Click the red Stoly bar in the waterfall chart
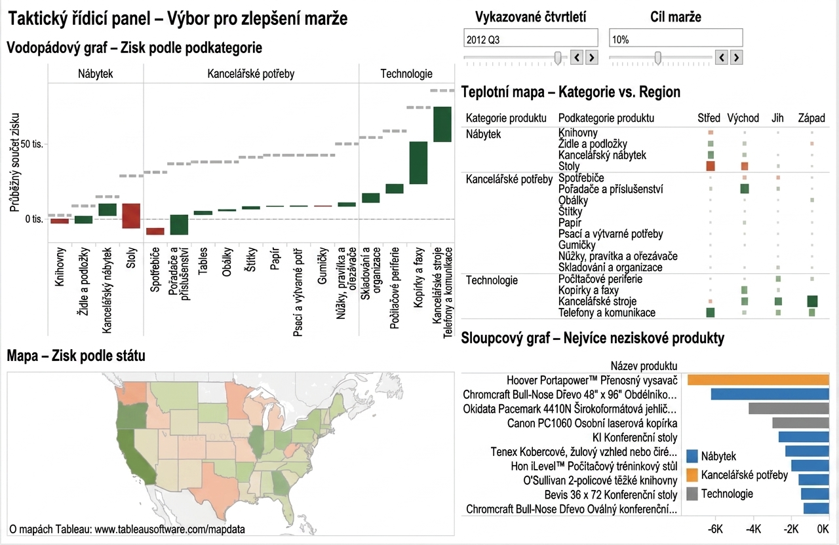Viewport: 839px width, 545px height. pos(131,216)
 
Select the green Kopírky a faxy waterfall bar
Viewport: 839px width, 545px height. pos(418,163)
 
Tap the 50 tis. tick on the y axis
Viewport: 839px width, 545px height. pos(32,144)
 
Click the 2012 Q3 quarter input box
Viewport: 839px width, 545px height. pos(531,38)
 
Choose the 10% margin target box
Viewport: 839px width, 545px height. pos(676,38)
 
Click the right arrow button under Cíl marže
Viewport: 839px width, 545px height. pos(736,58)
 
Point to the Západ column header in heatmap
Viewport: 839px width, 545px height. pos(811,118)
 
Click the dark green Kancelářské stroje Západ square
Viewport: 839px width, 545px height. pos(812,301)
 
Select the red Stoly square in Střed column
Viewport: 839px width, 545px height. pos(710,166)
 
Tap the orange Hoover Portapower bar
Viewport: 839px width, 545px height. pos(758,381)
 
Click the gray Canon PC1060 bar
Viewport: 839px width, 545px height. pos(801,423)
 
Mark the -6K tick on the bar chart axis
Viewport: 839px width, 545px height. pos(715,529)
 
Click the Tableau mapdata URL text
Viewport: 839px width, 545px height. pos(170,529)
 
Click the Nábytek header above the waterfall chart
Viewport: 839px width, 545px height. pos(95,74)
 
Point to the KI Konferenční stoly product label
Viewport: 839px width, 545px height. pos(635,438)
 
